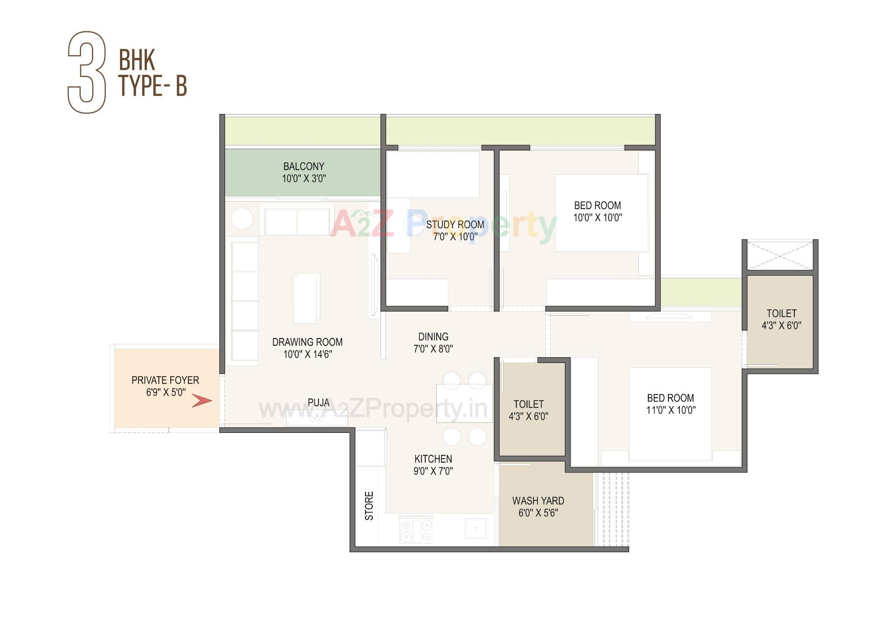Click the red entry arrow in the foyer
[x=202, y=401]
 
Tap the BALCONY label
[x=303, y=166]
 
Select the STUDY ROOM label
[x=455, y=224]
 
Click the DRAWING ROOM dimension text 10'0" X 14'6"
[x=308, y=354]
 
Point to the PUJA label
[x=318, y=402]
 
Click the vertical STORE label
[x=369, y=506]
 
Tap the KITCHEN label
[x=433, y=459]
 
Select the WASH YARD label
[x=538, y=501]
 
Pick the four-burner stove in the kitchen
[x=416, y=530]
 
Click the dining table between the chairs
[x=464, y=403]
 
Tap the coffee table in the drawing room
[x=306, y=299]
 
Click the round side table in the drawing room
[x=242, y=218]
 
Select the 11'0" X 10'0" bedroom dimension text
[x=671, y=410]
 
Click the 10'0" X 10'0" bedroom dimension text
[x=597, y=218]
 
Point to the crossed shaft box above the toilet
[x=780, y=256]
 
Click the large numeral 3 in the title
[x=87, y=72]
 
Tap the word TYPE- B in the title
[x=153, y=85]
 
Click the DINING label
[x=433, y=337]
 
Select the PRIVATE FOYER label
[x=165, y=380]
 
